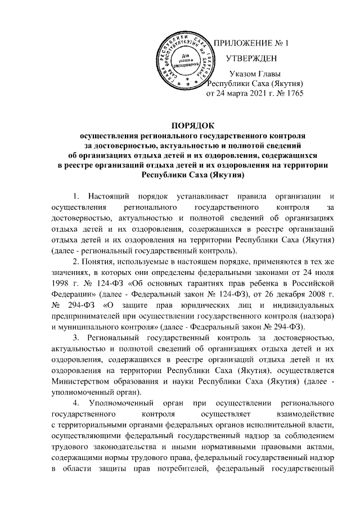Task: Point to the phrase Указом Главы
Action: [x=256, y=74]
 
